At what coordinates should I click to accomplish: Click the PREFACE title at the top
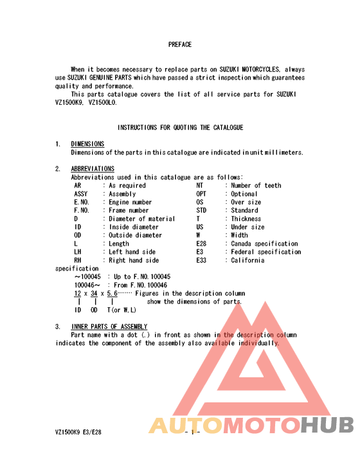180,45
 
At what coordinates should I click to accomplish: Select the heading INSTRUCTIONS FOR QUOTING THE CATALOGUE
180,128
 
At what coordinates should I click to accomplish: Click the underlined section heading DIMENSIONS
87,144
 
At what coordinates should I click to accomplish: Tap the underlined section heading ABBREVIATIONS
93,169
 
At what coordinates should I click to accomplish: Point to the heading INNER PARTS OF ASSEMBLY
109,327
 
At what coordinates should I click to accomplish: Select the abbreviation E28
202,244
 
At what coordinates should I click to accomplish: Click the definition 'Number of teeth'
256,185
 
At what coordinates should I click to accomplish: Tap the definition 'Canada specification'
265,244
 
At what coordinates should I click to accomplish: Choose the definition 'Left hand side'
132,252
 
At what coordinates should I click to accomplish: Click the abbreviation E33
202,260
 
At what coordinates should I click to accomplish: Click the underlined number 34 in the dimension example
94,293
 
